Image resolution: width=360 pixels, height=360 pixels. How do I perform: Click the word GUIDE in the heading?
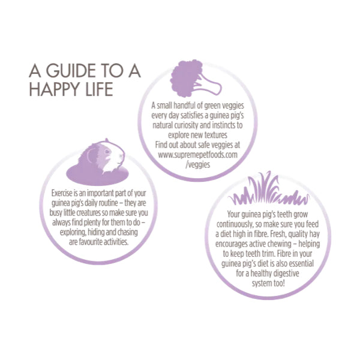71,71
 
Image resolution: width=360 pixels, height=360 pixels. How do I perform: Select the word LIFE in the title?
99,89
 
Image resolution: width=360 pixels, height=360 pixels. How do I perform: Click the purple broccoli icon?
196,79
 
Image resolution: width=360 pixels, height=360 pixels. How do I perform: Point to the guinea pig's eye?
107,152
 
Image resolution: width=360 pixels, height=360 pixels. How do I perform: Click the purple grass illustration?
269,188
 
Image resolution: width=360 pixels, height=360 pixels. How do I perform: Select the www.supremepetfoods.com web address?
197,155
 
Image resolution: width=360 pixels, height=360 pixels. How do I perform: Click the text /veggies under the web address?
197,164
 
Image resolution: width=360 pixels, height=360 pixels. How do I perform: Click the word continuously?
235,224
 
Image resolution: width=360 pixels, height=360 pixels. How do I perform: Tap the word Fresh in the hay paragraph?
277,234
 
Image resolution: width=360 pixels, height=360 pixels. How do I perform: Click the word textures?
215,135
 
